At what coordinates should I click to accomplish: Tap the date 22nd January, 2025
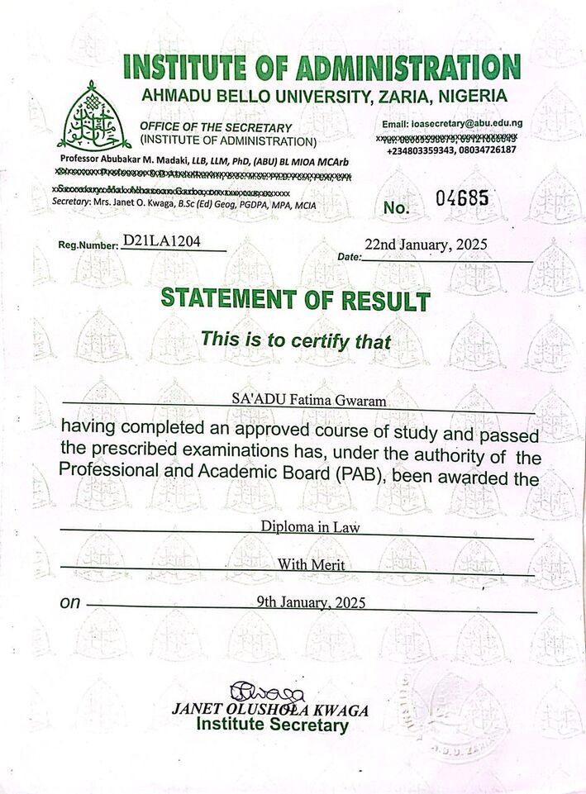click(426, 245)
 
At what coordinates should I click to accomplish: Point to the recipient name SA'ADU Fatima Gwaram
click(298, 401)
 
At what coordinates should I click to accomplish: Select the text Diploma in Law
click(298, 526)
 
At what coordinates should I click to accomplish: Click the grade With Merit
click(298, 565)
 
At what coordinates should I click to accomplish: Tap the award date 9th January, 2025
click(312, 601)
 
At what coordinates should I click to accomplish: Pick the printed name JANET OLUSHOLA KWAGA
click(269, 711)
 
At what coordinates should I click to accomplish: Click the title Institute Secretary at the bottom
click(272, 725)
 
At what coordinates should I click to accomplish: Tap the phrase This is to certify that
click(296, 340)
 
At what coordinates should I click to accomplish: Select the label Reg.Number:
click(88, 245)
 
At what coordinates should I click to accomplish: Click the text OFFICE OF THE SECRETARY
click(216, 127)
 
